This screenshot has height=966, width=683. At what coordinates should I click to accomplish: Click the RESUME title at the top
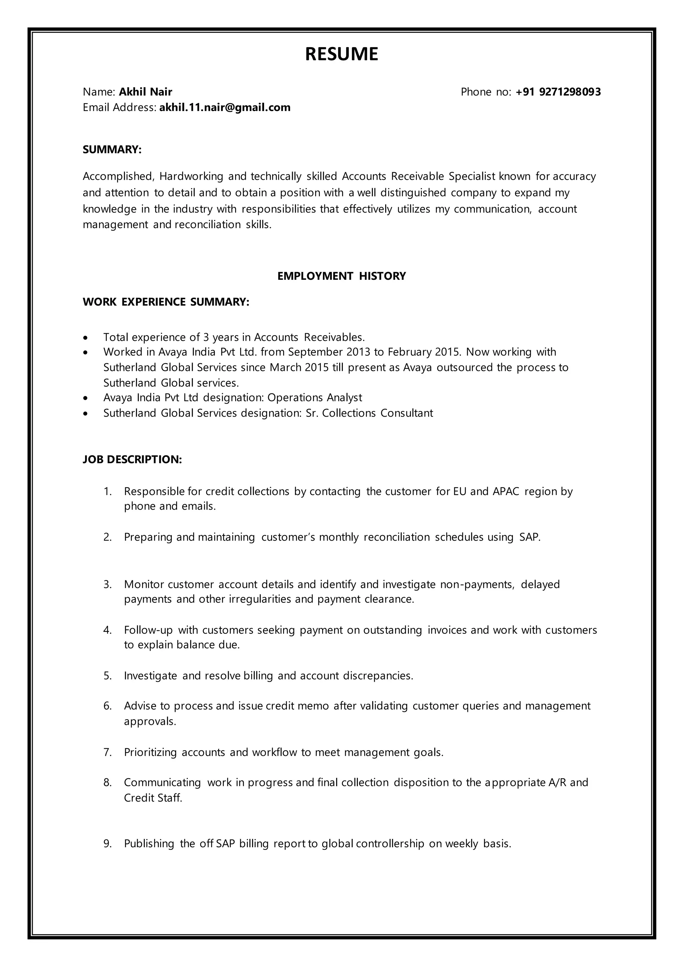pos(341,54)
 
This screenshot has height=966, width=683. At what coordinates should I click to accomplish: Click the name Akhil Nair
pos(145,92)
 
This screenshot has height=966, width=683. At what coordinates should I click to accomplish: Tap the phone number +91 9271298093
pos(558,92)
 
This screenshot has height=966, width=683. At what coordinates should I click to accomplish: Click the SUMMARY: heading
pos(112,149)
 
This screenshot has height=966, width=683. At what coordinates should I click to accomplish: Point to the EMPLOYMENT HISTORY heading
pos(341,276)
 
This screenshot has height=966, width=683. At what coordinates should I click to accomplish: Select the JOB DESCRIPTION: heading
pos(132,459)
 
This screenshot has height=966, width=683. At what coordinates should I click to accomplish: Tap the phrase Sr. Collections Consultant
pos(369,413)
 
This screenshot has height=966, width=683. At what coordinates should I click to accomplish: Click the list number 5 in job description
pos(107,676)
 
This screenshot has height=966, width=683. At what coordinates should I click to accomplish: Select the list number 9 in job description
pos(107,844)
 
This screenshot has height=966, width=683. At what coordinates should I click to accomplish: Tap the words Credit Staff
pos(153,798)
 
